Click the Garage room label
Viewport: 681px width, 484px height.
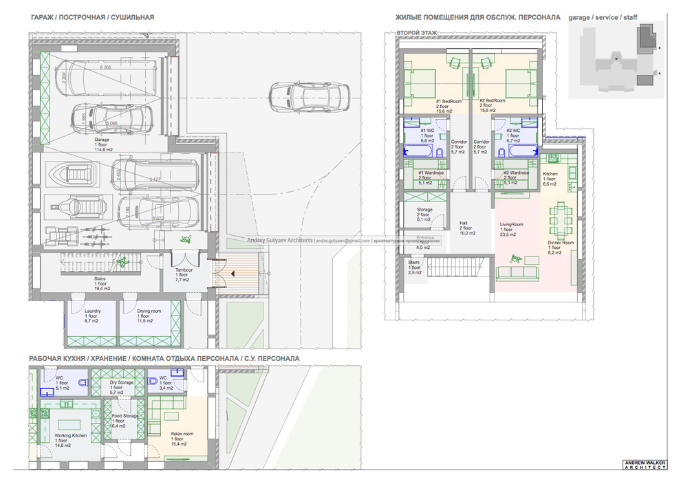click(102, 142)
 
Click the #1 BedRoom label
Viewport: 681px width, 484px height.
click(448, 105)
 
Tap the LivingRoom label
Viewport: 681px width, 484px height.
click(512, 229)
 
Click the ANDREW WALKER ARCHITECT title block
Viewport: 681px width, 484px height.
click(644, 465)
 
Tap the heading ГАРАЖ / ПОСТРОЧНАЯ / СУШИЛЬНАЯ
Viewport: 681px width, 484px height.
click(92, 16)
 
